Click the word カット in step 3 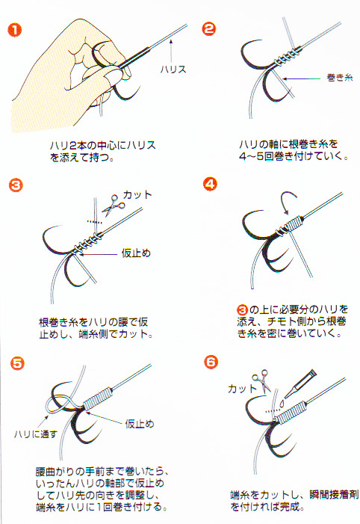coord(137,195)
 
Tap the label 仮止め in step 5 coord(139,424)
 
